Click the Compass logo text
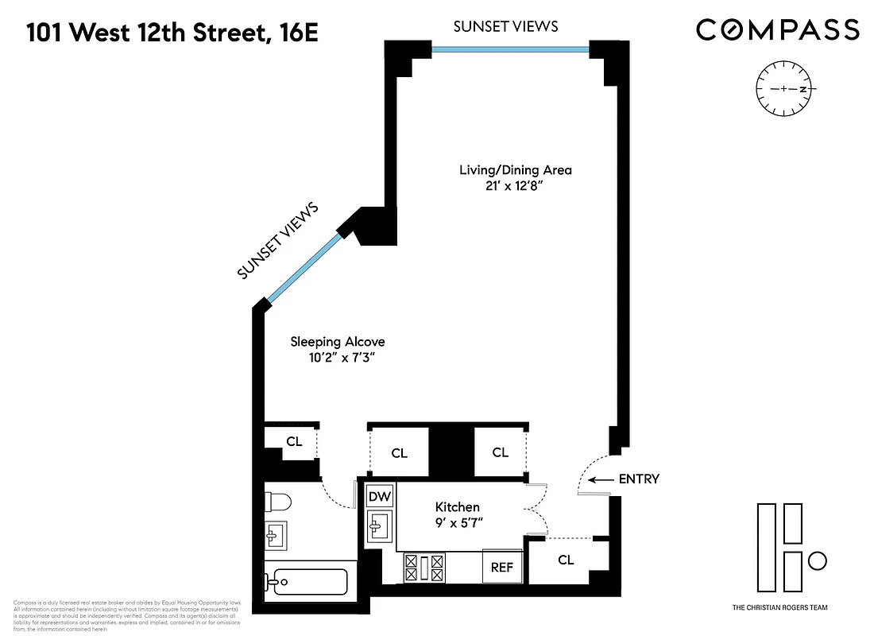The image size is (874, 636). click(x=777, y=30)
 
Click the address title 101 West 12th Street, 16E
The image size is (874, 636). click(x=172, y=33)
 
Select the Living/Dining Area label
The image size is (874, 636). click(x=515, y=170)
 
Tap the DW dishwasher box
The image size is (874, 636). click(x=380, y=497)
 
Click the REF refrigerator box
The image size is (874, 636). click(x=501, y=568)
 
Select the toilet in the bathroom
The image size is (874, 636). click(x=279, y=502)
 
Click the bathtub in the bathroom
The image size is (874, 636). click(x=307, y=581)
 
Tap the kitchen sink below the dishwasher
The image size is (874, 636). click(x=381, y=525)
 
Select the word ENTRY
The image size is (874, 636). click(x=639, y=479)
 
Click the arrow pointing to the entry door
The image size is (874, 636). click(x=605, y=479)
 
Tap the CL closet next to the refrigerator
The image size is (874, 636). click(x=566, y=560)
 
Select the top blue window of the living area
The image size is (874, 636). click(x=510, y=49)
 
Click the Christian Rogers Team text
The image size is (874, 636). click(x=779, y=607)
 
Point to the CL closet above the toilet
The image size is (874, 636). click(x=293, y=442)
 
